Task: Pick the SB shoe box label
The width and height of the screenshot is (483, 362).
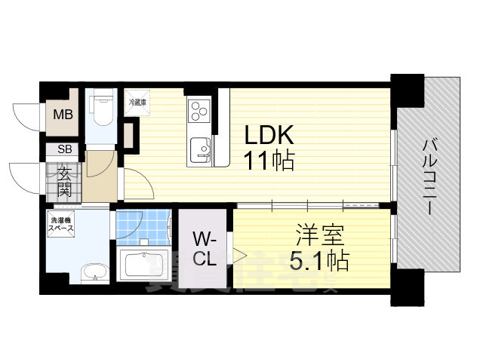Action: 64,150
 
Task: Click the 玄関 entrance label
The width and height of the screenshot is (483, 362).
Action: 65,181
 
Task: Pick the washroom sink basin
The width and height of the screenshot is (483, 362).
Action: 93,272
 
